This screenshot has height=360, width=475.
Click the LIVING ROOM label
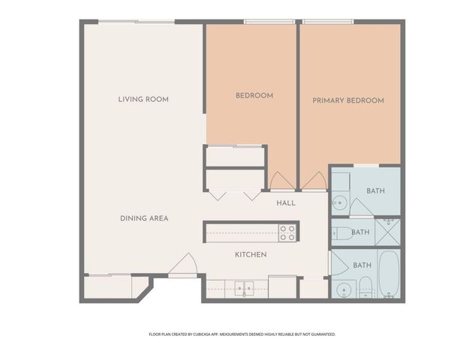(143, 99)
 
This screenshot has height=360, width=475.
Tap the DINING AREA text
(144, 218)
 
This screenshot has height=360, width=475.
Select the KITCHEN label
(251, 254)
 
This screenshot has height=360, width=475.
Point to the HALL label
(286, 202)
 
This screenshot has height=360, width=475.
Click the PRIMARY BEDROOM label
(348, 100)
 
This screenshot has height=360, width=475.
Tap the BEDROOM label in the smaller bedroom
(254, 95)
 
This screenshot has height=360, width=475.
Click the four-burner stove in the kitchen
(287, 232)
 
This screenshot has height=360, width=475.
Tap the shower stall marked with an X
(388, 232)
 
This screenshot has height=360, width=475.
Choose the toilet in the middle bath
(342, 232)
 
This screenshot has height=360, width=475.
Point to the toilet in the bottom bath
(365, 286)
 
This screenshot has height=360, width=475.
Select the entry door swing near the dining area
(184, 264)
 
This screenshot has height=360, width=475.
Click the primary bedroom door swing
(314, 181)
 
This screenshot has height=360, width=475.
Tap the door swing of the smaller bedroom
(282, 181)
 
